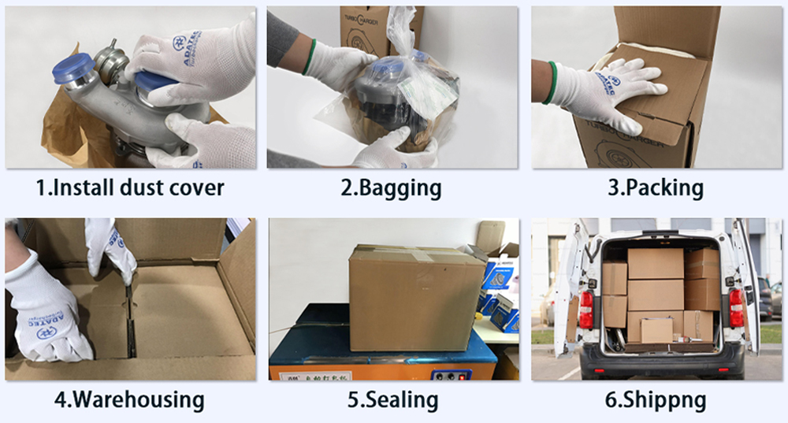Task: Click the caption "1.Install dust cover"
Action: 130,188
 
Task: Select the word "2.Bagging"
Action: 392,188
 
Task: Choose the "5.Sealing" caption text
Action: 392,399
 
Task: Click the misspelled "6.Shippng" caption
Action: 655,399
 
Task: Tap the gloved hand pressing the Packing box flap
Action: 607,91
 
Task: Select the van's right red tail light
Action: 735,306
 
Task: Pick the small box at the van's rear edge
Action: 656,330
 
